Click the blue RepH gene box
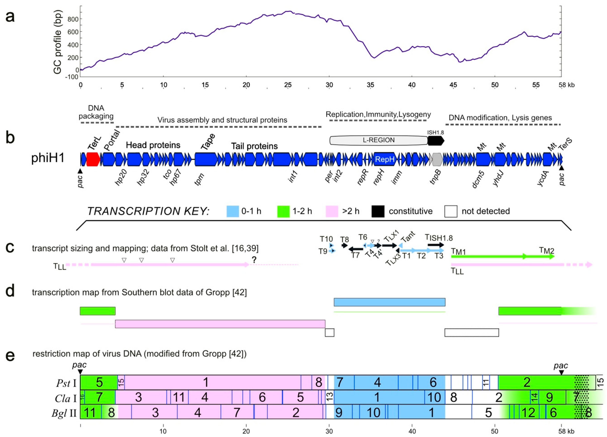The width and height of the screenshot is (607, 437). pyautogui.click(x=385, y=159)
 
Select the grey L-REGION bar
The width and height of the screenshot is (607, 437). pyautogui.click(x=378, y=140)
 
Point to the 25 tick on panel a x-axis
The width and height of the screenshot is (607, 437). pyautogui.click(x=288, y=85)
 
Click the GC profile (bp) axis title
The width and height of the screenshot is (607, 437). pyautogui.click(x=58, y=42)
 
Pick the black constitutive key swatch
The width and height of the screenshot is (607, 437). pyautogui.click(x=378, y=211)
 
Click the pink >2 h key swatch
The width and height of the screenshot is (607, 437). pyautogui.click(x=332, y=211)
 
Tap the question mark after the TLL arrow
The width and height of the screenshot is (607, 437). pyautogui.click(x=254, y=259)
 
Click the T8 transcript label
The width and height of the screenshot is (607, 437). pyautogui.click(x=344, y=239)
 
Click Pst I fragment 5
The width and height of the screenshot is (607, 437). pyautogui.click(x=99, y=382)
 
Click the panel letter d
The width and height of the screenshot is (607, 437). pyautogui.click(x=10, y=291)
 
